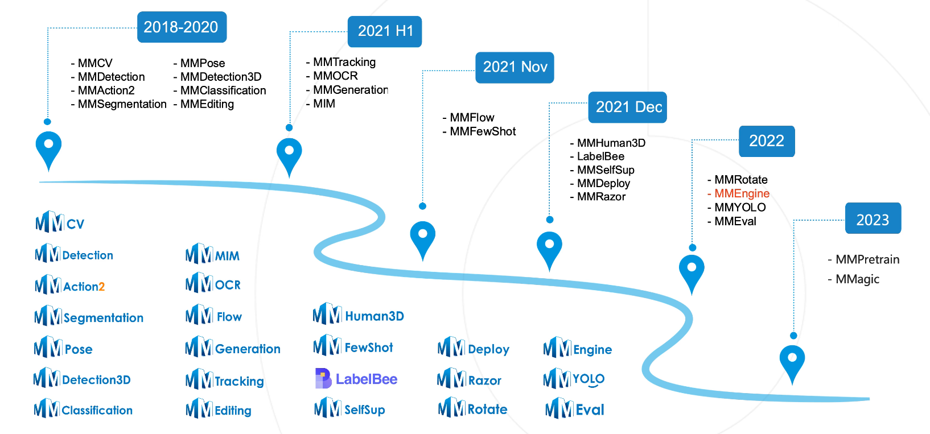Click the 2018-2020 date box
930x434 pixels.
tap(182, 27)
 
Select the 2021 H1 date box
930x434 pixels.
tap(385, 31)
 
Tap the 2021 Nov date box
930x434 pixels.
tap(515, 67)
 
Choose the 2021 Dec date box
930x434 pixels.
tap(627, 107)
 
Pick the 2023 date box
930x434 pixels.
tap(873, 219)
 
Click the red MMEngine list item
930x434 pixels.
tap(741, 193)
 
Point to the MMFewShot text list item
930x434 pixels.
tap(482, 131)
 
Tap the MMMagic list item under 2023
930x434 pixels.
tap(857, 279)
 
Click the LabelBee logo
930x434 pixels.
tap(356, 379)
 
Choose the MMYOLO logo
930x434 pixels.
tap(574, 379)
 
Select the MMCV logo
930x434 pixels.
tap(60, 222)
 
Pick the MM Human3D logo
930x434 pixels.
tap(359, 315)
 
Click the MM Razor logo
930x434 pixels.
tap(469, 379)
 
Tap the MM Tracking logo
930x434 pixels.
tap(225, 380)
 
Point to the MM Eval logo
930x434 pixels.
tap(574, 409)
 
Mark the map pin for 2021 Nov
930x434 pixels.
tap(422, 238)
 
